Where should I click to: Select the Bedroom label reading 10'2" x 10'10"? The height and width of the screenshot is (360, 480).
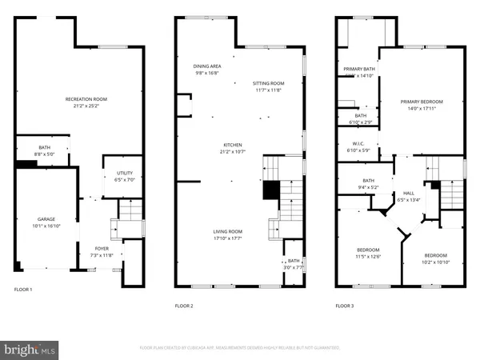tap(436, 258)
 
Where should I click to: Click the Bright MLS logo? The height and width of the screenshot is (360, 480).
tap(30, 349)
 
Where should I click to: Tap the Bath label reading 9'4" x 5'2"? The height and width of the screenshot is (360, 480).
tap(368, 184)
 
